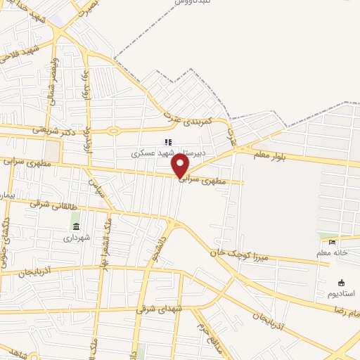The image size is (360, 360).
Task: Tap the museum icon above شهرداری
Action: [x=76, y=225]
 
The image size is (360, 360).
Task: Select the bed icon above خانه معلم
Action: [x=333, y=243]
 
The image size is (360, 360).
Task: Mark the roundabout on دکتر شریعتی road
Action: [x=113, y=130]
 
